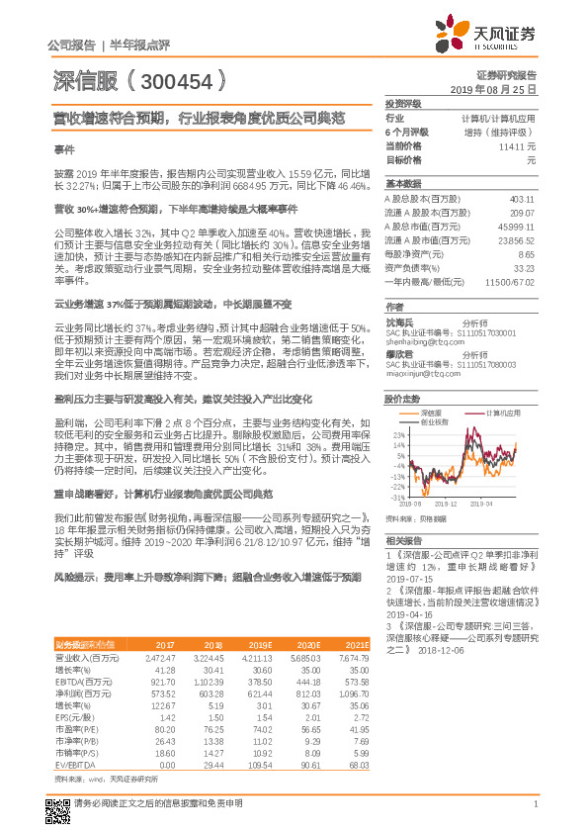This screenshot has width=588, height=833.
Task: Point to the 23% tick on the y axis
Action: click(398, 434)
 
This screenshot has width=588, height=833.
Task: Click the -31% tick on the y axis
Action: click(397, 495)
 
